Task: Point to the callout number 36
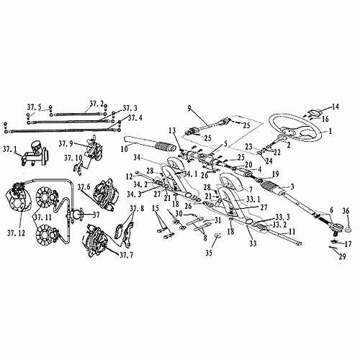(346, 211)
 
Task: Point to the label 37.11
(42, 216)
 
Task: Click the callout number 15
(154, 208)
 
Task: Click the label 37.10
(73, 157)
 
